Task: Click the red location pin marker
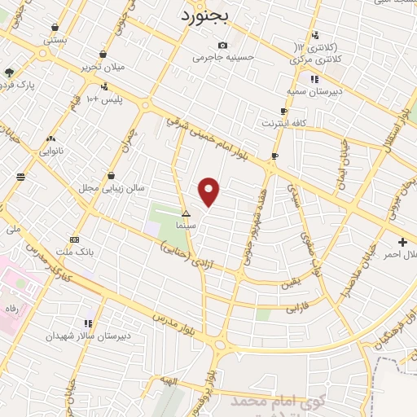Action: [x=209, y=191]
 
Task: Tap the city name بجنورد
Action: [x=208, y=15]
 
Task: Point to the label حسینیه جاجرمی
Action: [x=223, y=57]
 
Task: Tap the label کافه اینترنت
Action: [x=283, y=123]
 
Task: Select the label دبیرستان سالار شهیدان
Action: [x=87, y=336]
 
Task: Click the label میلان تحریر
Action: [x=103, y=67]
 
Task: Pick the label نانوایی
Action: [x=52, y=151]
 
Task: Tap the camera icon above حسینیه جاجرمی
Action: [x=222, y=45]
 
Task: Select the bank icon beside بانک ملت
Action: [x=75, y=239]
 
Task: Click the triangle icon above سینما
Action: [x=186, y=213]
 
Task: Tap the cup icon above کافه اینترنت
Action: [x=283, y=112]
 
